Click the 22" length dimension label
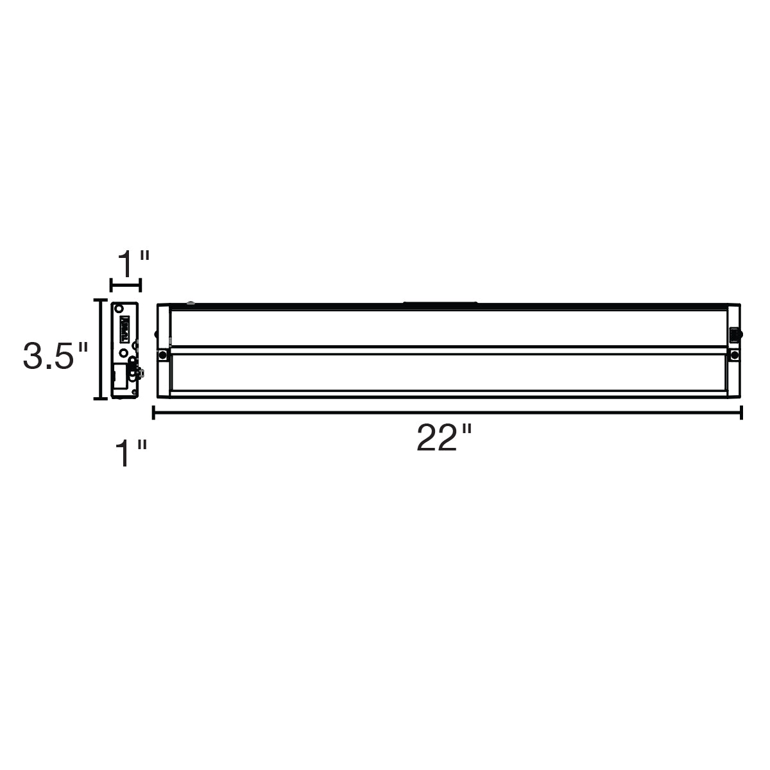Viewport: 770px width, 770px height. tap(444, 438)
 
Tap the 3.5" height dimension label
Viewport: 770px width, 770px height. tap(55, 355)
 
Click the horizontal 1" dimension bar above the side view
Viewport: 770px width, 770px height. tap(126, 286)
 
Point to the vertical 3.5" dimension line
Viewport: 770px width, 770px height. tap(100, 348)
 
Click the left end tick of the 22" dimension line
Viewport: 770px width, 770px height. tap(153, 412)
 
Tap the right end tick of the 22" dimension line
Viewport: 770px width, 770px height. tap(741, 412)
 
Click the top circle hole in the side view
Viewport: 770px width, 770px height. tap(119, 309)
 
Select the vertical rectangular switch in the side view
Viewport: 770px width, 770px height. tap(125, 328)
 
